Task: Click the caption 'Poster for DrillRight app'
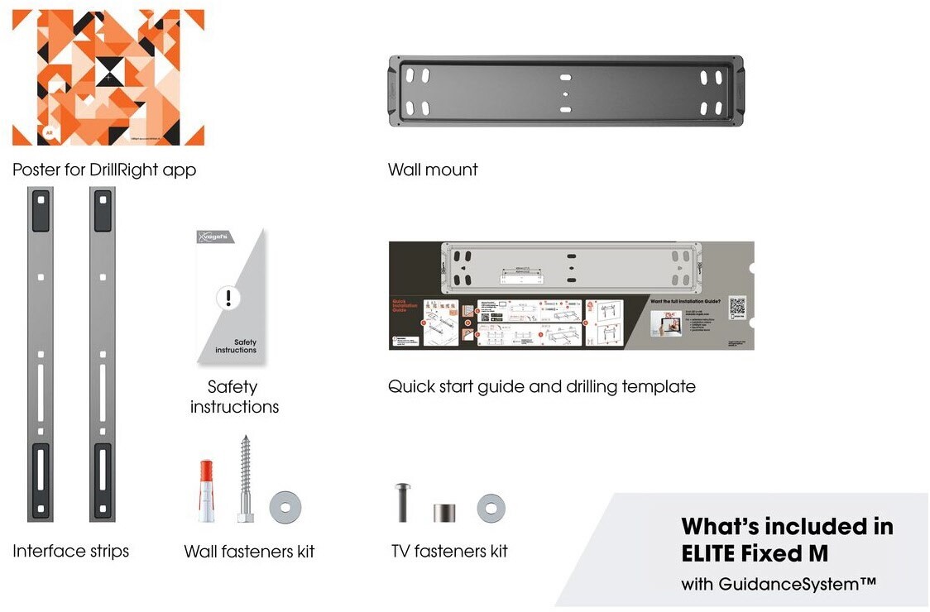104,170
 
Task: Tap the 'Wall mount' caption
433,170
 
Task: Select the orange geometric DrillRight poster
108,77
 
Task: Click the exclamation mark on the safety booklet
228,298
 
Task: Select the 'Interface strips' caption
71,551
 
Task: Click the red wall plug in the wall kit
206,492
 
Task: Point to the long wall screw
245,480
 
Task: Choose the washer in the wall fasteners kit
285,506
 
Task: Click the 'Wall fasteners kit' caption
249,552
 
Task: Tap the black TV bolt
403,501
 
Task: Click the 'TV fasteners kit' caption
449,551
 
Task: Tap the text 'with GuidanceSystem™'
779,585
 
